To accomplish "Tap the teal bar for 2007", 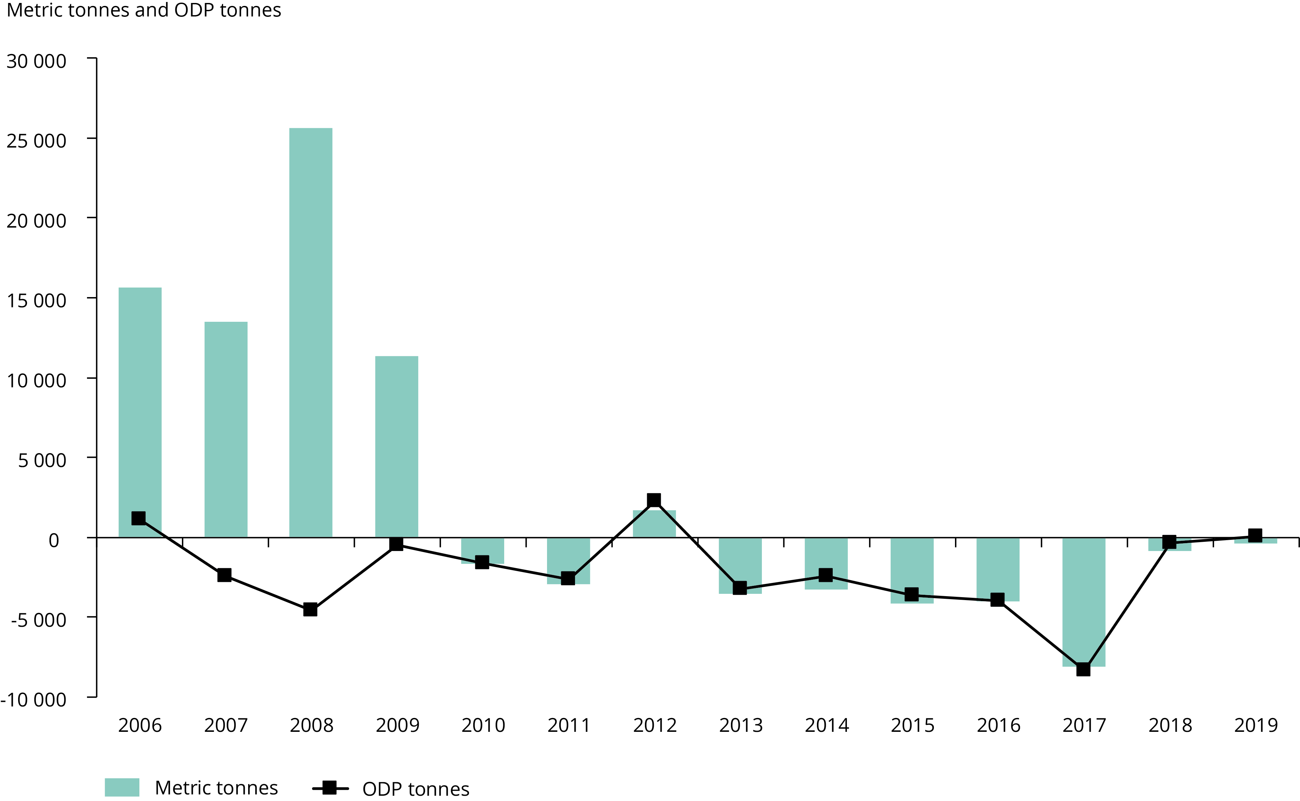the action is (226, 429).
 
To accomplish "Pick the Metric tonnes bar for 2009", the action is (396, 447).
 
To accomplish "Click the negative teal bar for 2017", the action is (1084, 602).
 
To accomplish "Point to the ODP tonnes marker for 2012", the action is (654, 500).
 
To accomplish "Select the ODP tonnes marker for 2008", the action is (310, 609).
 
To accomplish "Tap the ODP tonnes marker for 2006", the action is (139, 518).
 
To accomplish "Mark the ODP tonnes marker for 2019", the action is (1255, 535).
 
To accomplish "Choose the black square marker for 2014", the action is (826, 575).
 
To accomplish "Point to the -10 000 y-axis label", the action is (33, 699).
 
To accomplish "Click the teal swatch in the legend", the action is (122, 787).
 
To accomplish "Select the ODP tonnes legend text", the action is (416, 789).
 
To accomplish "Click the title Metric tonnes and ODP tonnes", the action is (144, 11).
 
